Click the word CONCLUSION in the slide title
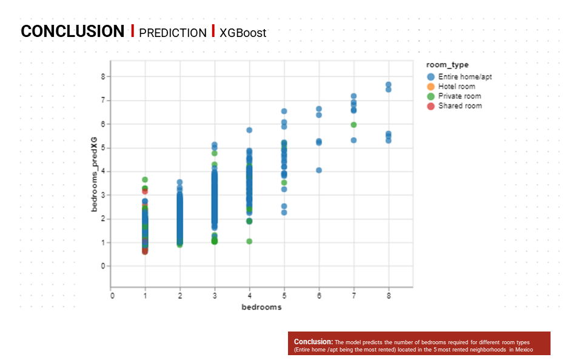pos(72,32)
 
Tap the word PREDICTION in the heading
pos(173,33)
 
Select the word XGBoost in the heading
pos(243,33)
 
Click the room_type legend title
pos(447,65)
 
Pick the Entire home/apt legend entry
pos(459,77)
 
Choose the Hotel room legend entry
pos(451,86)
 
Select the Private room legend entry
pos(454,96)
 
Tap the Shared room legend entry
pos(454,106)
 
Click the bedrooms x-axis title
pos(261,307)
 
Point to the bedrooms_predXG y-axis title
pos(95,174)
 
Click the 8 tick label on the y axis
pos(103,77)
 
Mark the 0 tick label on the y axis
pos(103,266)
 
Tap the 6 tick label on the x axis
pos(319,296)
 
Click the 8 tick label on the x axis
pos(389,296)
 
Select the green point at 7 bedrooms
pos(353,125)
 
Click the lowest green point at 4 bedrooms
pos(249,241)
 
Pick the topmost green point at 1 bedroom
pos(145,179)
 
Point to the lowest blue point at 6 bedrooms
pos(319,170)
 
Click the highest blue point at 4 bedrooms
pos(249,130)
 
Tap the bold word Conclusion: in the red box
pos(313,342)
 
